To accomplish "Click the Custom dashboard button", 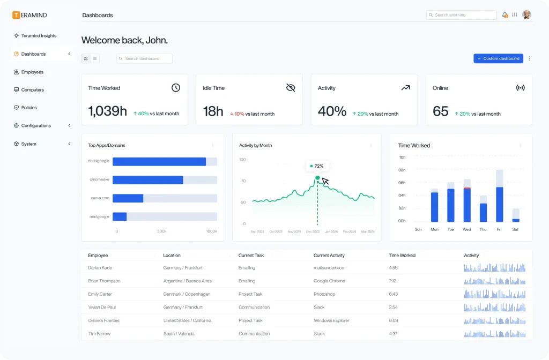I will click(x=498, y=58).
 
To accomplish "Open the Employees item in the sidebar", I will click(x=32, y=72).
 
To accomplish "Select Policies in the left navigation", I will click(x=29, y=108).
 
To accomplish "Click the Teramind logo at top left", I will click(x=30, y=15).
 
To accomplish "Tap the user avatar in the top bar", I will click(x=526, y=15).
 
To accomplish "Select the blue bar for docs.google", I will click(x=159, y=162).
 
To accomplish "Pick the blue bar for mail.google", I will click(x=120, y=216).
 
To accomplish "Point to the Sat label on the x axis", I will click(x=515, y=229).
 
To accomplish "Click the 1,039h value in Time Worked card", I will click(x=107, y=111).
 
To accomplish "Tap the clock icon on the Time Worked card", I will click(x=176, y=88).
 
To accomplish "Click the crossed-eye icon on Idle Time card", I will click(x=291, y=88).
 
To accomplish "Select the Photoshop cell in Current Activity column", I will click(x=324, y=294).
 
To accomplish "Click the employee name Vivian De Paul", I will click(x=102, y=307).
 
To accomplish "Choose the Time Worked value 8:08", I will click(x=393, y=320).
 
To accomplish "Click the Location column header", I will click(x=172, y=256).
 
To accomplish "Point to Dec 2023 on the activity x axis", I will click(x=312, y=232).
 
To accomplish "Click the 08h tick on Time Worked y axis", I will click(x=402, y=170).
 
